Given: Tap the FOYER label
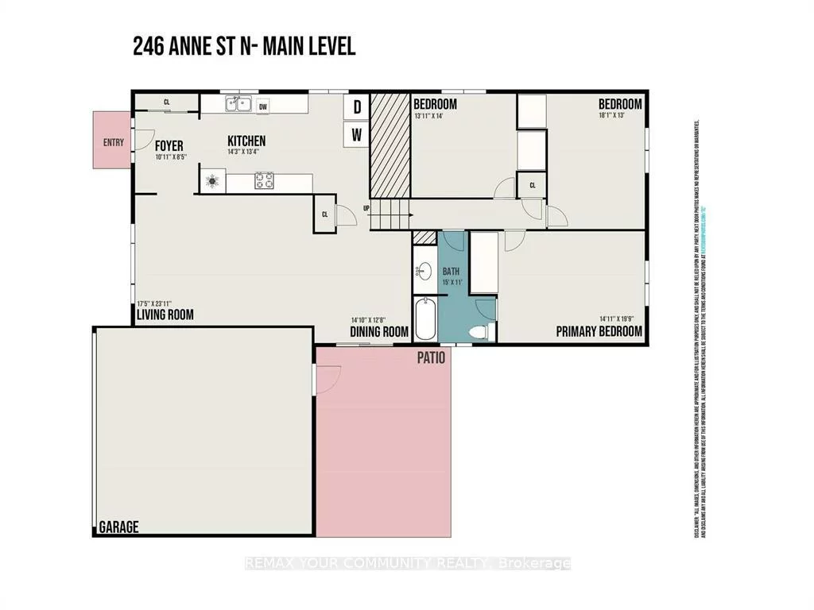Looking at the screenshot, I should tap(169, 146).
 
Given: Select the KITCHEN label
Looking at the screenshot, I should tap(246, 141).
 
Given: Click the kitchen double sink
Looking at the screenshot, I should tap(238, 104).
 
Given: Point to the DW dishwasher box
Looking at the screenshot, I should tap(263, 105).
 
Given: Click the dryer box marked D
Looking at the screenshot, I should tap(357, 107).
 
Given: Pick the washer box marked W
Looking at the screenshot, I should tap(357, 135).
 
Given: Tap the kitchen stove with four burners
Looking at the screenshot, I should tap(264, 181).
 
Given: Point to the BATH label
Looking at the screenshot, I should tap(452, 271).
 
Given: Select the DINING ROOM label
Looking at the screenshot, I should tap(380, 332).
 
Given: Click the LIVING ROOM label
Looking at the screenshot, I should tap(165, 315).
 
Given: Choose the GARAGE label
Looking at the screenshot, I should tap(118, 527).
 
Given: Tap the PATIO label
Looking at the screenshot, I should tap(431, 357).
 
